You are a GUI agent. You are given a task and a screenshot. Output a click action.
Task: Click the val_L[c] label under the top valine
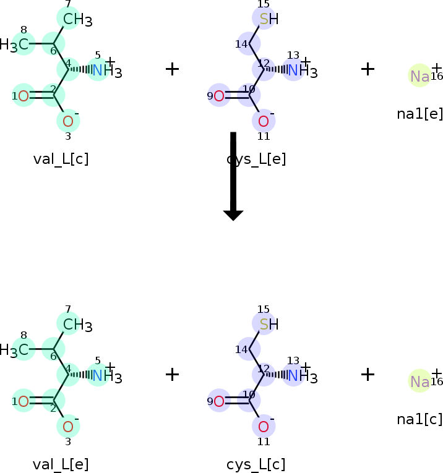click(61, 159)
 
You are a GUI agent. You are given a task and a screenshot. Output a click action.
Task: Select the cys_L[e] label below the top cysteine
click(256, 159)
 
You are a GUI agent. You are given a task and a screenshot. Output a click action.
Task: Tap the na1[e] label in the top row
click(419, 114)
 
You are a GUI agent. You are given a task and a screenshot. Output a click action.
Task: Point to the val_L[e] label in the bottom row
click(61, 464)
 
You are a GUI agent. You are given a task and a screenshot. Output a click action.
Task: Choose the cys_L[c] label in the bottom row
click(256, 464)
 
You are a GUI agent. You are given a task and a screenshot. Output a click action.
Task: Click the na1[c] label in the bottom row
click(419, 419)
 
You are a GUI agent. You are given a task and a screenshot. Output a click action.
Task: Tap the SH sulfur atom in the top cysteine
click(265, 19)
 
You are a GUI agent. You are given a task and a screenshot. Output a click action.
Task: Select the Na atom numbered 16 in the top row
click(419, 76)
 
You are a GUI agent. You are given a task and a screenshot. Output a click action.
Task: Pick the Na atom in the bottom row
click(419, 381)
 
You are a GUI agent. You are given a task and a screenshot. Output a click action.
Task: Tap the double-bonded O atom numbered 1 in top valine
click(24, 96)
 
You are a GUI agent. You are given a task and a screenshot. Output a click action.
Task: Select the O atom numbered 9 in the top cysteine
click(219, 96)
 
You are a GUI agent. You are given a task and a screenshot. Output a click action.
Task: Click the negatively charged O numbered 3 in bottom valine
click(68, 427)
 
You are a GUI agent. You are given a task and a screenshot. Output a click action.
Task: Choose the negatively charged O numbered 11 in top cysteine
click(264, 121)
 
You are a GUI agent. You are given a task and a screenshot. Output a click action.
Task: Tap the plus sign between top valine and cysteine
click(172, 69)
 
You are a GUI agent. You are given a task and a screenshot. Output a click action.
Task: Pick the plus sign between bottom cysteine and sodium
click(368, 374)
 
